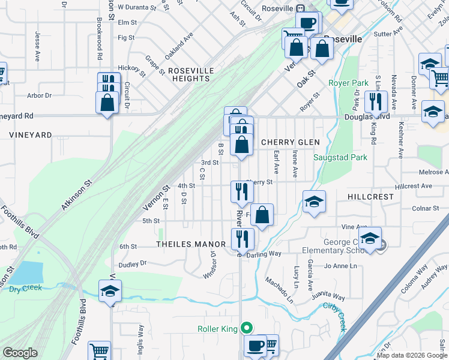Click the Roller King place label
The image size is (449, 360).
[218, 328]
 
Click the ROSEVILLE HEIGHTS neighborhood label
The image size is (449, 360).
[191, 74]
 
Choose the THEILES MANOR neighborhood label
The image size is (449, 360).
[190, 244]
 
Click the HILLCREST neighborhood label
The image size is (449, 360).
[370, 197]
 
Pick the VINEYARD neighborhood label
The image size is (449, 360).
[30, 135]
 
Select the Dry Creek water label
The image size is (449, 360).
[26, 289]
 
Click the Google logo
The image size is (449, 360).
[20, 353]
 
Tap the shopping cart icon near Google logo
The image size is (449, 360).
[99, 351]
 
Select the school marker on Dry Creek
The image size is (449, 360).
[110, 292]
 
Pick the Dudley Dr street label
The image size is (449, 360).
[133, 263]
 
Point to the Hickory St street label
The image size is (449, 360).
[132, 69]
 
